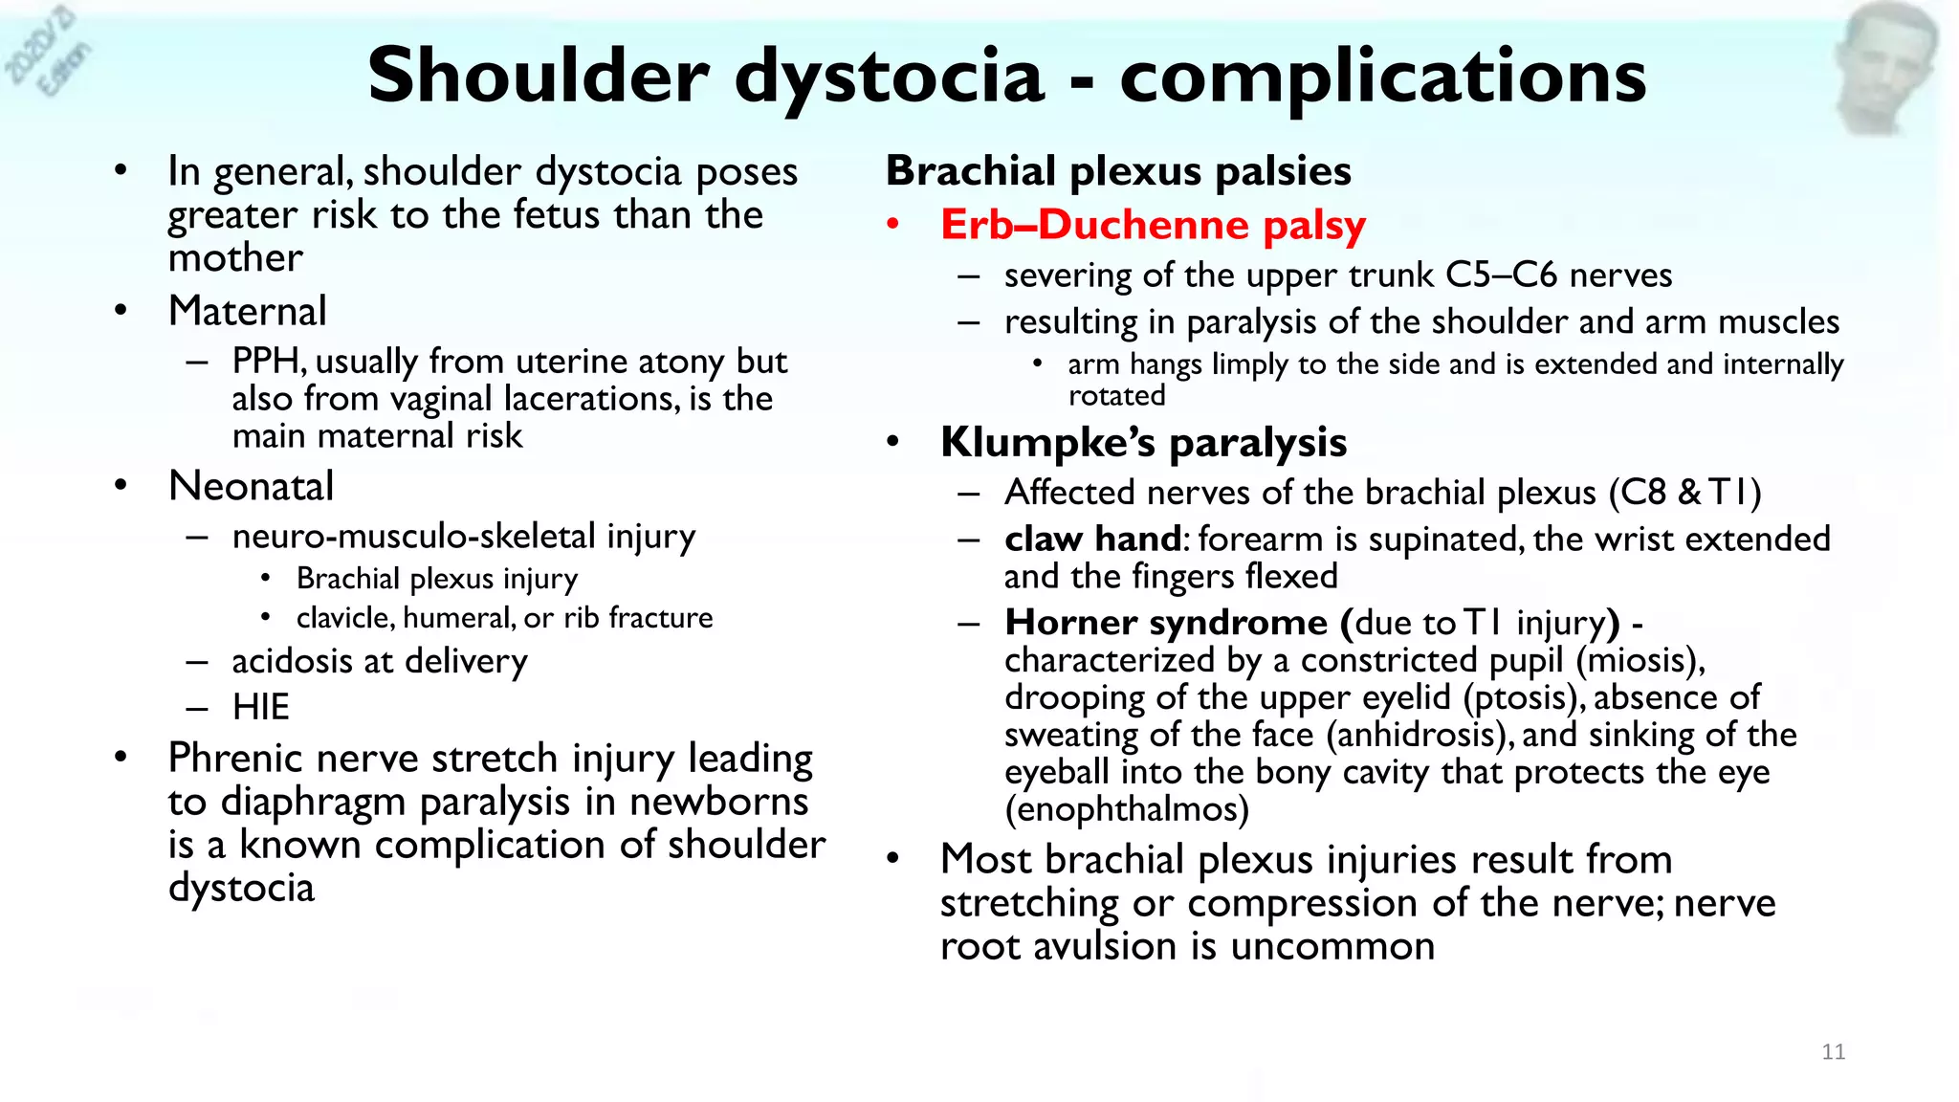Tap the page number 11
pos(1833,1052)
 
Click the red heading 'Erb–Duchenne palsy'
pos(1153,225)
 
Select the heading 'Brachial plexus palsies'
pos(1117,171)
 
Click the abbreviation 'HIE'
pos(260,708)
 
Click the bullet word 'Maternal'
pos(247,312)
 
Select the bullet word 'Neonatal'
pos(251,487)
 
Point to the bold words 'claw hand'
pos(1092,540)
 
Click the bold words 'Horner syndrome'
pos(1165,624)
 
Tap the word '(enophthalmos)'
pos(1126,810)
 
